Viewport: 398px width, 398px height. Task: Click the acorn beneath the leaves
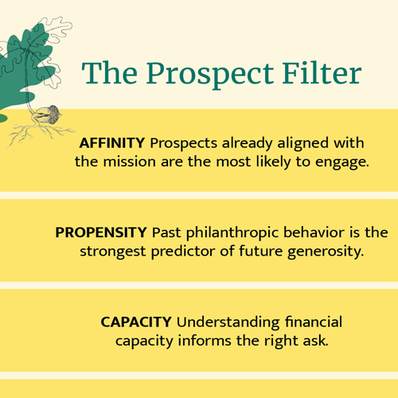[50, 113]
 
